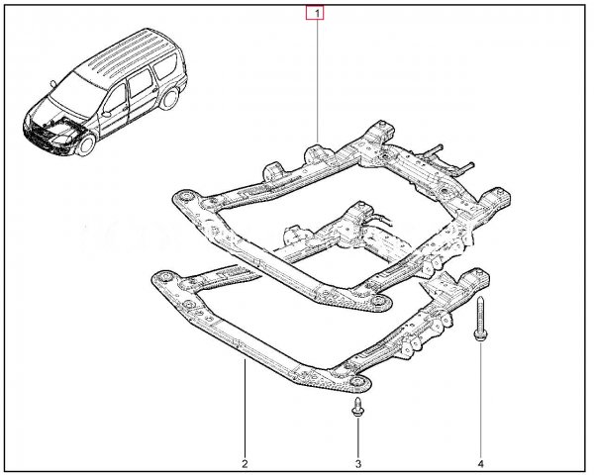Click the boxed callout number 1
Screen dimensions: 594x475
pos(315,14)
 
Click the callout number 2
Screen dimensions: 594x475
pos(245,464)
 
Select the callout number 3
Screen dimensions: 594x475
pos(358,464)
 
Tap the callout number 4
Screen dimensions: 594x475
pos(481,464)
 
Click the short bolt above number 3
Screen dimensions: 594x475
pos(357,408)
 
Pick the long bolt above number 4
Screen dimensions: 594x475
pos(480,320)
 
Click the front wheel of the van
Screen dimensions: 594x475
pos(87,145)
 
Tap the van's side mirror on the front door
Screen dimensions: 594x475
pos(106,113)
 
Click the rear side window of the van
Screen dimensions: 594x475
pos(166,66)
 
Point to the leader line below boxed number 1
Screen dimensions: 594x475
pos(318,80)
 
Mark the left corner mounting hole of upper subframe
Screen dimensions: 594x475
pos(186,197)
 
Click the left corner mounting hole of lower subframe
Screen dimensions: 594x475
pos(164,276)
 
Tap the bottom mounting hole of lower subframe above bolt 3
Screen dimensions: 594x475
pos(356,381)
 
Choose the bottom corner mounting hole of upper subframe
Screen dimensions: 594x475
pos(377,301)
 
